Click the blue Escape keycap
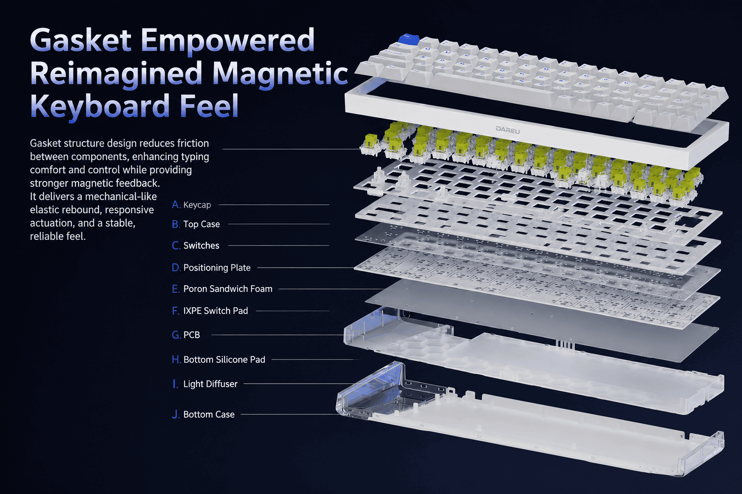click(x=409, y=40)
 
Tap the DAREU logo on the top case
click(x=508, y=130)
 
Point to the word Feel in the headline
click(x=209, y=106)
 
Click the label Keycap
click(x=197, y=205)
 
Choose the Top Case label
click(x=201, y=224)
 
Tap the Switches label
click(x=201, y=246)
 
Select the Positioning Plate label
click(x=217, y=267)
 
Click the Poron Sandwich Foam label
click(x=228, y=289)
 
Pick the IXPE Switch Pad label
click(x=215, y=311)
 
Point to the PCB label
click(x=191, y=335)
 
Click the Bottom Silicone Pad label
click(x=224, y=359)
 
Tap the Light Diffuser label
click(x=210, y=384)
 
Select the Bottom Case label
click(x=209, y=414)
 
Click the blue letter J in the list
click(x=176, y=414)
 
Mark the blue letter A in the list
click(x=176, y=205)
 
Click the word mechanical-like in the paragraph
click(x=120, y=196)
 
